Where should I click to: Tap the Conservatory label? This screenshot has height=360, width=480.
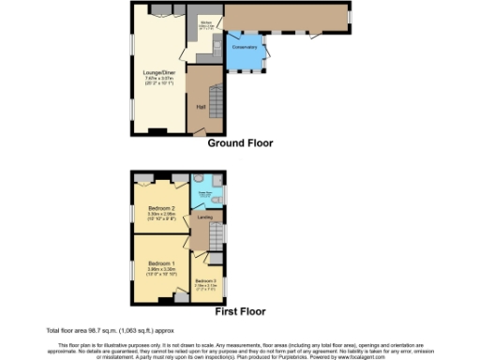pyautogui.click(x=246, y=47)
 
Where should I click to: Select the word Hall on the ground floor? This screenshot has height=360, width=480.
pyautogui.click(x=201, y=106)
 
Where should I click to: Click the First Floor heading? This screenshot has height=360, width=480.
pyautogui.click(x=241, y=311)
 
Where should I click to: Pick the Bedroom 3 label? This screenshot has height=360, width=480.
pyautogui.click(x=205, y=280)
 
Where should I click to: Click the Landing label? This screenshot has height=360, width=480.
pyautogui.click(x=202, y=217)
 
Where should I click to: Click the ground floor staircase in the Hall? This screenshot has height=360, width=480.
pyautogui.click(x=215, y=97)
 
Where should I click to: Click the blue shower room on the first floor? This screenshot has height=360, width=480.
pyautogui.click(x=206, y=192)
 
